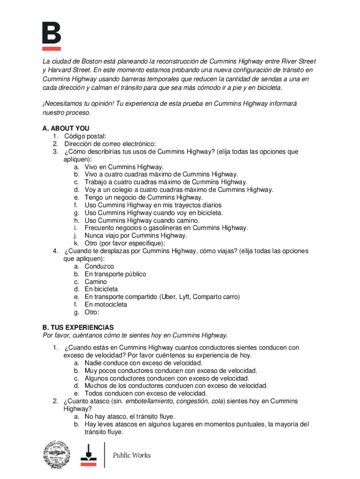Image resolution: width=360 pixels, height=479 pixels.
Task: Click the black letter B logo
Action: [x=51, y=32]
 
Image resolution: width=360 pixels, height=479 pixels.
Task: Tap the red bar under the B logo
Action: [x=51, y=48]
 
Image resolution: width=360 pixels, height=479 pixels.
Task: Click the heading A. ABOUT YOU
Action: [x=66, y=128]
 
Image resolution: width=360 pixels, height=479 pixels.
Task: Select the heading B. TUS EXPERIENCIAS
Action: [x=78, y=327]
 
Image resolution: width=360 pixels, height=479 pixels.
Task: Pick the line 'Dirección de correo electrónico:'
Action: [x=110, y=144]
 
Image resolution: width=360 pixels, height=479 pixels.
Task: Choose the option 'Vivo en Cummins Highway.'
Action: [x=124, y=167]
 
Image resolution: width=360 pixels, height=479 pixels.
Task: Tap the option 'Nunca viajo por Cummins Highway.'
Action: [x=136, y=236]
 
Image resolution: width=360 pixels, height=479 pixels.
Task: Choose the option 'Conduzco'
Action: [x=99, y=267]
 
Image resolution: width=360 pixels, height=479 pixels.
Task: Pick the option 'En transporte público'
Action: [x=115, y=274]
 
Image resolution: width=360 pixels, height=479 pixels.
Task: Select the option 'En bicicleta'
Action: [x=101, y=290]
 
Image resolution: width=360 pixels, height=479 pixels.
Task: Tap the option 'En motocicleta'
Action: [x=106, y=305]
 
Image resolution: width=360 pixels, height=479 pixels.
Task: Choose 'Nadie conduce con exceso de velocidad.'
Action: [x=144, y=363]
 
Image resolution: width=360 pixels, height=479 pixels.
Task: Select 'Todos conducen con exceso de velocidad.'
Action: [x=146, y=393]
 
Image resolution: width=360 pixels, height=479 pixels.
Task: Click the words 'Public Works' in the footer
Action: [x=131, y=455]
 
